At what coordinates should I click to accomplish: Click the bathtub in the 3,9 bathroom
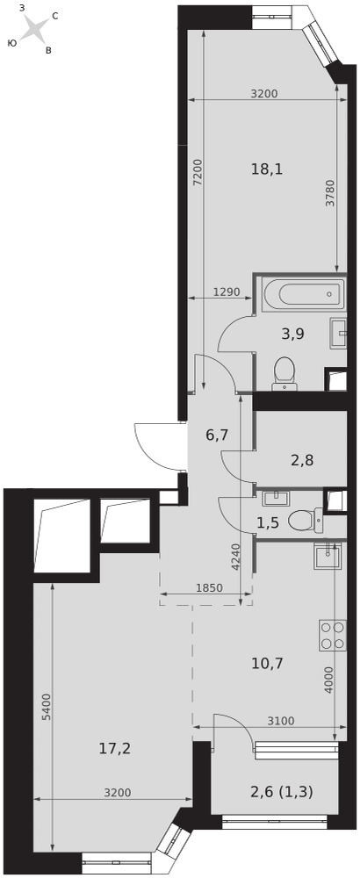click(300, 293)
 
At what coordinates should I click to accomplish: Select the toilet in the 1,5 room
click(306, 522)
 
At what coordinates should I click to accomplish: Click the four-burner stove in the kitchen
click(332, 636)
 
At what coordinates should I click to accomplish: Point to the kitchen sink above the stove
click(326, 555)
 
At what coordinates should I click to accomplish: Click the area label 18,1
click(267, 169)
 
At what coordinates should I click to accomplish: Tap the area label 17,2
click(116, 747)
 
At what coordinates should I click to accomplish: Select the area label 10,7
click(267, 664)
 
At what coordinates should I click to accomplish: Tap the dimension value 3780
click(330, 194)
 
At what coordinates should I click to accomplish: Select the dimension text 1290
click(227, 291)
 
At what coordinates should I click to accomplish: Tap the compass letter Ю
click(11, 42)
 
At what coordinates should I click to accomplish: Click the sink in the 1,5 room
click(274, 497)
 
